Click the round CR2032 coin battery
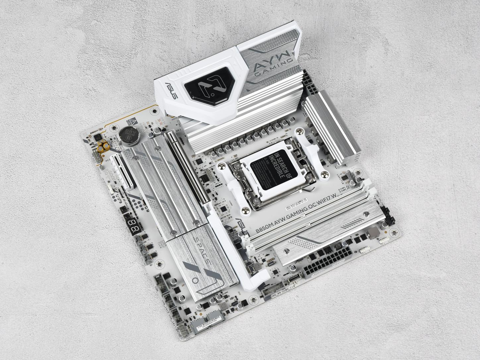tap(128, 136)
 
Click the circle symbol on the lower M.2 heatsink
tap(195, 280)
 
